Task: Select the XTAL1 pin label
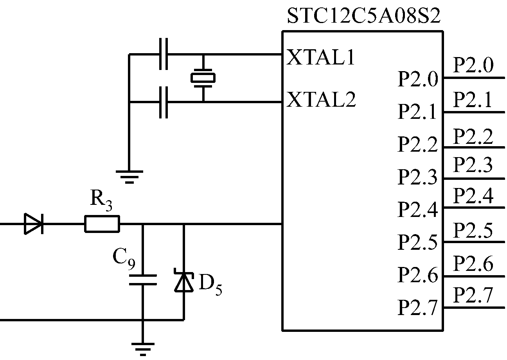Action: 321,58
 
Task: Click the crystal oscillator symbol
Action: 203,78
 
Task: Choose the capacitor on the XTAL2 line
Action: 164,102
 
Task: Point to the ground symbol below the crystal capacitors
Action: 129,175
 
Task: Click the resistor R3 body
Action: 102,224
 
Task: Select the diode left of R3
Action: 34,224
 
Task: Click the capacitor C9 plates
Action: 143,279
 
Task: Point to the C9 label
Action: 124,258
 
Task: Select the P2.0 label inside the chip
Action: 417,80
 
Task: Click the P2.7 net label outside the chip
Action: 473,296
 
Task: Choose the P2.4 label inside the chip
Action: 417,210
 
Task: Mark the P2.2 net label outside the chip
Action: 473,136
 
